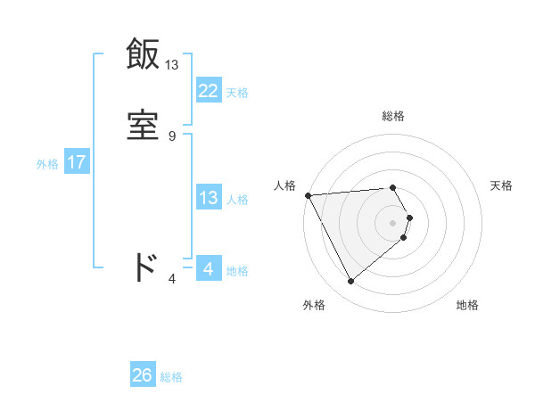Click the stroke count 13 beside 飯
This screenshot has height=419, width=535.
pos(172,65)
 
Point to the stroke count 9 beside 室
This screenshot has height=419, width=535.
pos(172,136)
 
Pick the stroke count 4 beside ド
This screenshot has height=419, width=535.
pos(172,279)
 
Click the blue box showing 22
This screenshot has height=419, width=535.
pos(208,90)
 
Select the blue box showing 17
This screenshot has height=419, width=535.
pos(76,162)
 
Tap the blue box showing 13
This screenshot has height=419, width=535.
pos(208,198)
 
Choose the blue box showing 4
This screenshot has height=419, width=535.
pos(208,268)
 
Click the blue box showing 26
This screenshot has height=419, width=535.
pos(142,375)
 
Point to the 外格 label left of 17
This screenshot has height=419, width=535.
pos(47,163)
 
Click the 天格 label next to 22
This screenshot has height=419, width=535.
pos(237,92)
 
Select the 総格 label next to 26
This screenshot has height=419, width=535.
pos(171,377)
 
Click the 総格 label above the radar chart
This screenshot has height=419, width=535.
pos(393,116)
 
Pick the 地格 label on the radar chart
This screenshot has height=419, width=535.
pos(467,305)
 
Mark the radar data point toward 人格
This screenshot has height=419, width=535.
pos(308,195)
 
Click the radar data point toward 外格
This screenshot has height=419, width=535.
pos(351,282)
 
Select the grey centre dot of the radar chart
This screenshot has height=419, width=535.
pos(393,222)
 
